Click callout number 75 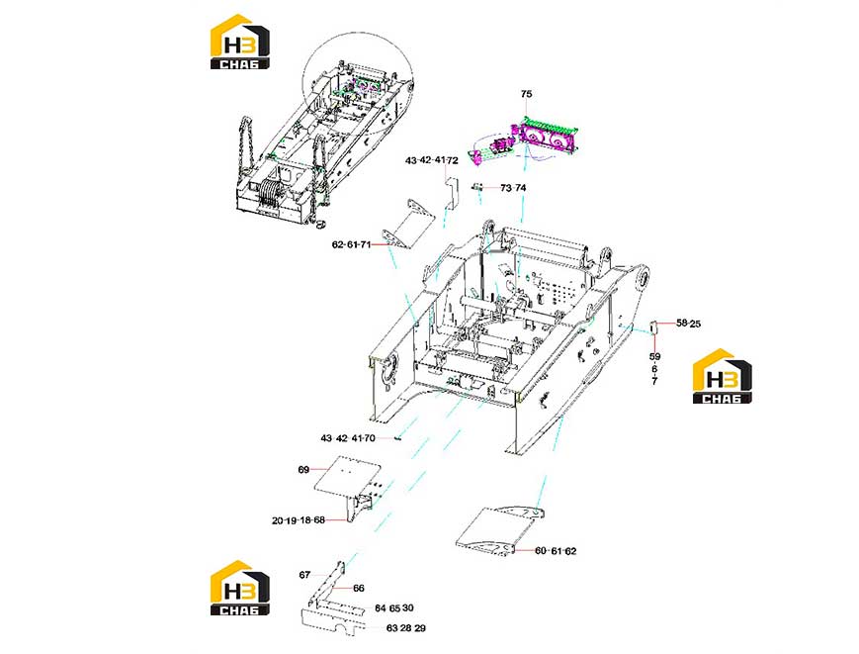pyautogui.click(x=526, y=94)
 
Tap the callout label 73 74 pyautogui.click(x=513, y=188)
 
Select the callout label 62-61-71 pyautogui.click(x=352, y=244)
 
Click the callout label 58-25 pyautogui.click(x=688, y=324)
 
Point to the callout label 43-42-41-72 pyautogui.click(x=432, y=160)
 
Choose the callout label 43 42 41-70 pyautogui.click(x=348, y=438)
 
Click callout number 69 pyautogui.click(x=303, y=470)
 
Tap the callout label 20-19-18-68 pyautogui.click(x=299, y=520)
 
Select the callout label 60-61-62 pyautogui.click(x=556, y=551)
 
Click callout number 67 pyautogui.click(x=304, y=575)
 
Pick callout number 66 pyautogui.click(x=358, y=589)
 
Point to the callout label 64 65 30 pyautogui.click(x=394, y=608)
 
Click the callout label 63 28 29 pyautogui.click(x=406, y=628)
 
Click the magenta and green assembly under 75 pyautogui.click(x=543, y=136)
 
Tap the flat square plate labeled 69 pyautogui.click(x=346, y=474)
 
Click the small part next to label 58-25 pyautogui.click(x=653, y=327)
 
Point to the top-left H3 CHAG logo pyautogui.click(x=240, y=42)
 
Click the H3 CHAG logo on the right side pyautogui.click(x=722, y=376)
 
